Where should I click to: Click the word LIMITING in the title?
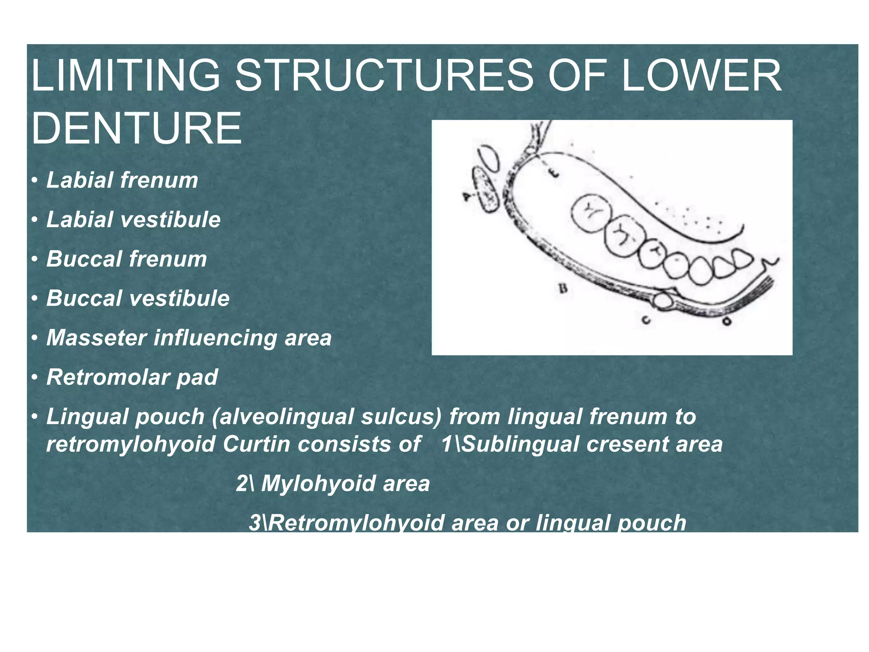(126, 76)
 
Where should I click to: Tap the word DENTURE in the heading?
(136, 128)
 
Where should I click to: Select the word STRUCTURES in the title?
(384, 76)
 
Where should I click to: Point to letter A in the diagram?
(467, 196)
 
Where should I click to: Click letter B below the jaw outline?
(563, 289)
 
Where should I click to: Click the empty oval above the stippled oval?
(490, 157)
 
